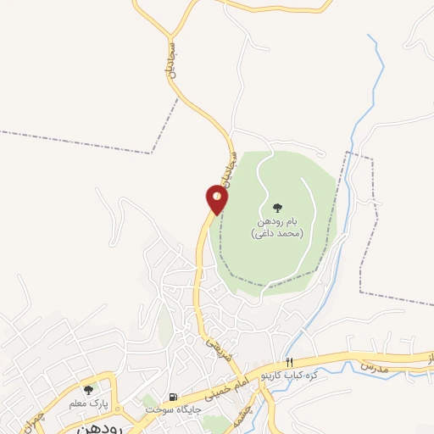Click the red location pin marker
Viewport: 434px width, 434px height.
click(x=217, y=200)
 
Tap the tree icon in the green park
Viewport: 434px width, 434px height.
click(x=276, y=208)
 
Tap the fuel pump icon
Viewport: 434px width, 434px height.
click(x=174, y=397)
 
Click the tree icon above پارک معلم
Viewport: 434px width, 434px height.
click(x=88, y=390)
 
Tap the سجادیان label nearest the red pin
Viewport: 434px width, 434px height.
click(x=228, y=165)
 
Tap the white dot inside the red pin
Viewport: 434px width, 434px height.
click(x=217, y=196)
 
